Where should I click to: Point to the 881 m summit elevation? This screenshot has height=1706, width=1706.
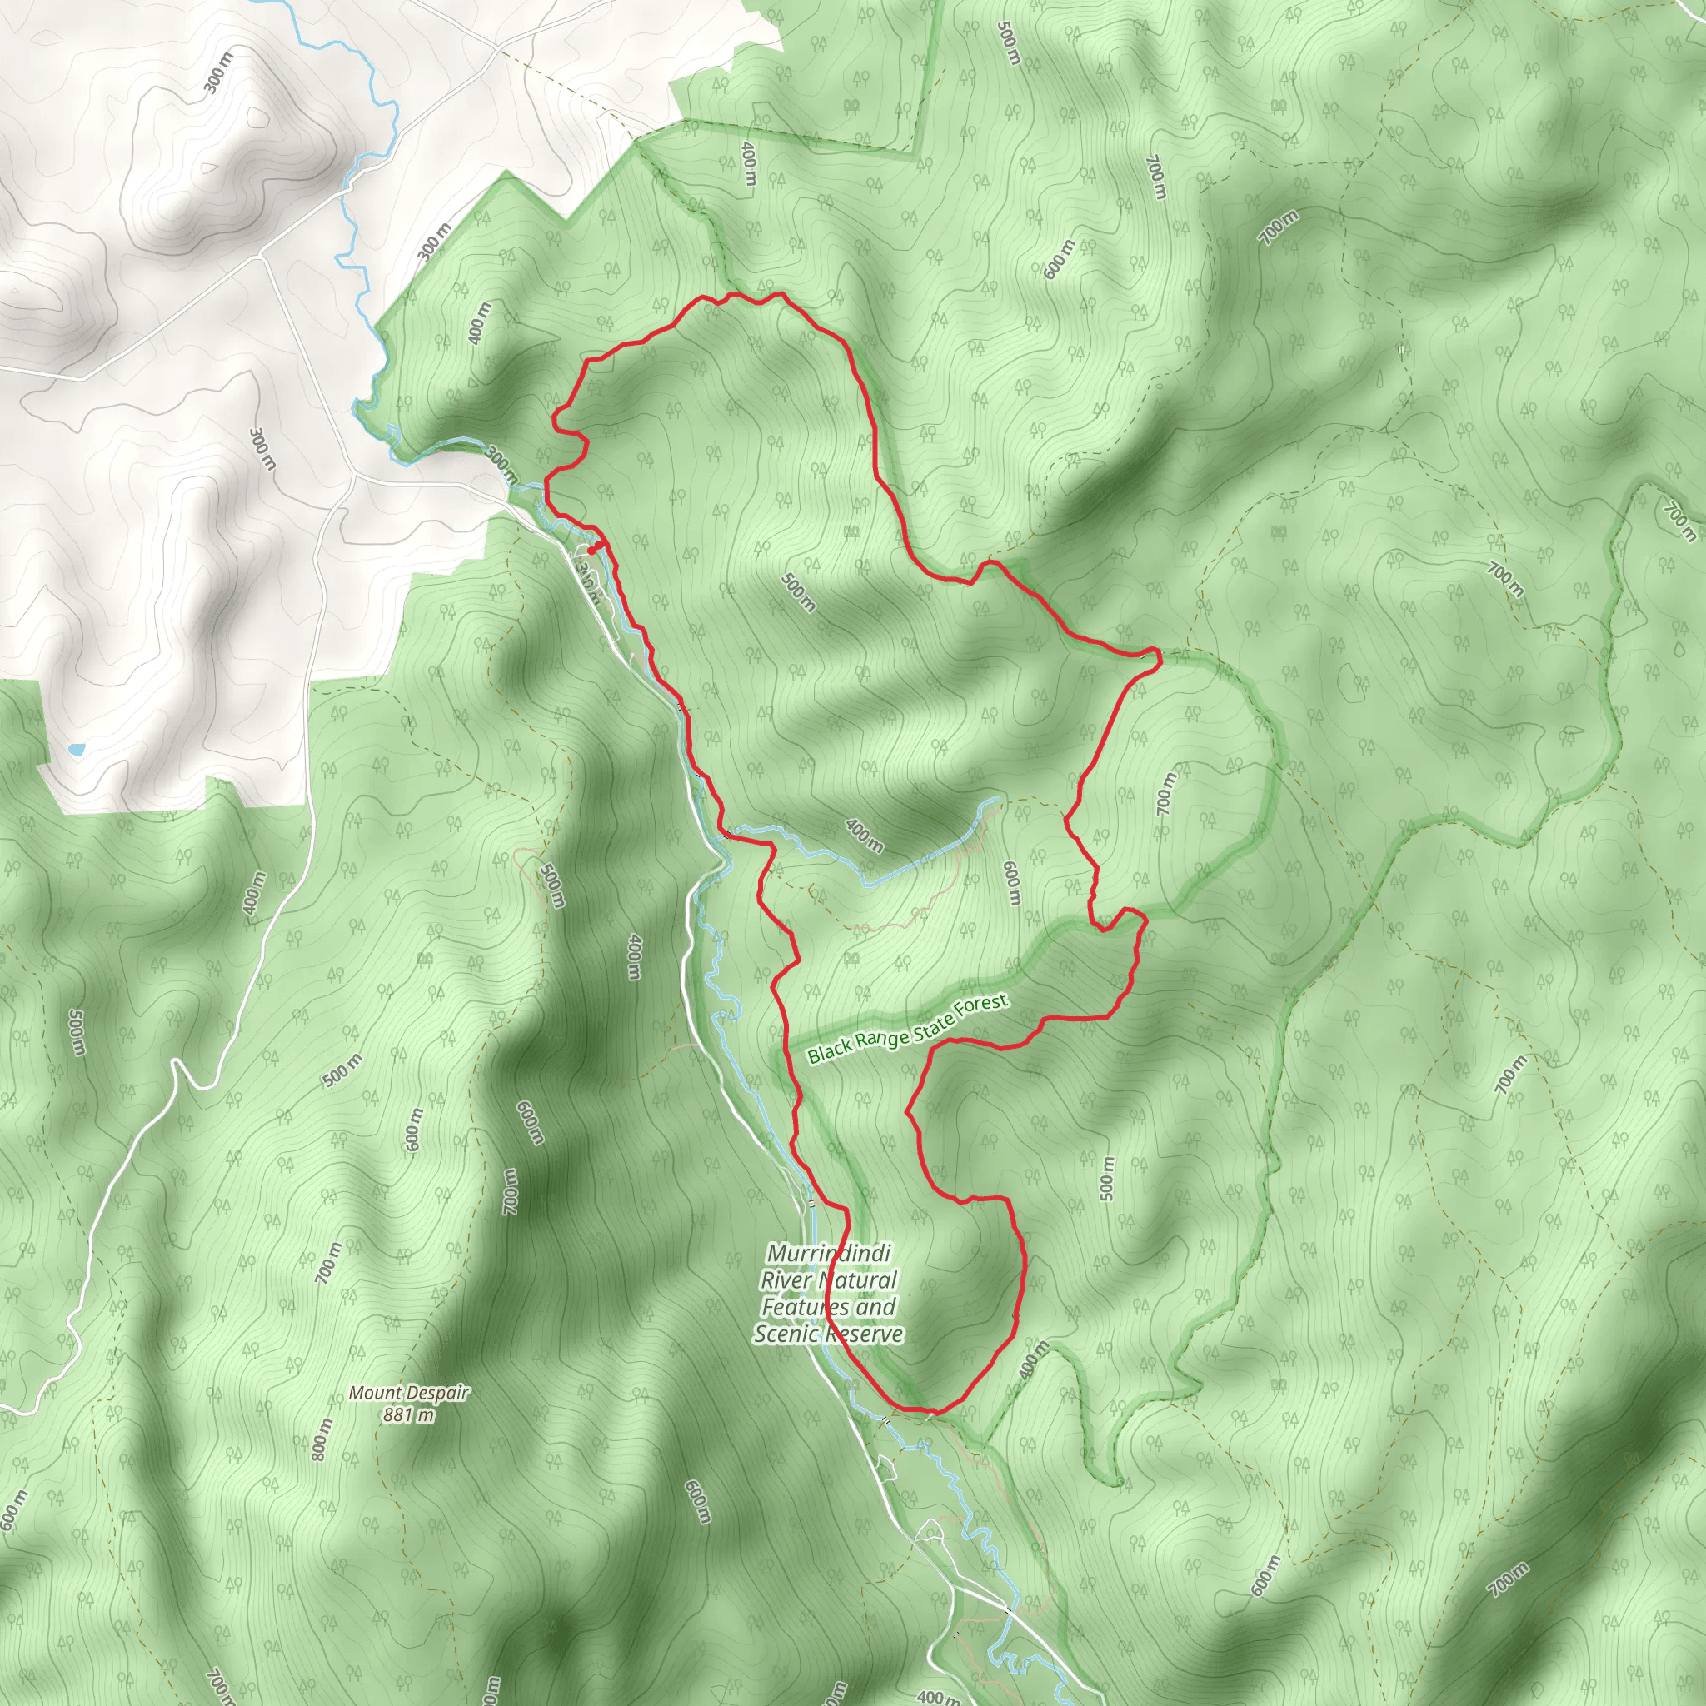[408, 1414]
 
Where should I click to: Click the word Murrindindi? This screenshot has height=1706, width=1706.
[817, 1253]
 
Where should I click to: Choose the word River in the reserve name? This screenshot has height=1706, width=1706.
[786, 1279]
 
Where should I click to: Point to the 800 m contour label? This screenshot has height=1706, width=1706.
[322, 1439]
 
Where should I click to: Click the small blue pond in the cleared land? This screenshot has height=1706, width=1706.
[77, 750]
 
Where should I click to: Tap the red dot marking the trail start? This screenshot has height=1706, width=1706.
[591, 550]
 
